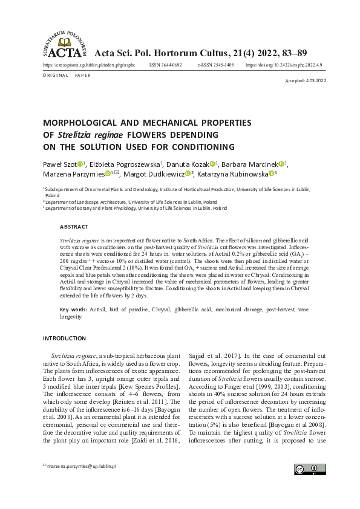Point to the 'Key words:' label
(73, 310)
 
